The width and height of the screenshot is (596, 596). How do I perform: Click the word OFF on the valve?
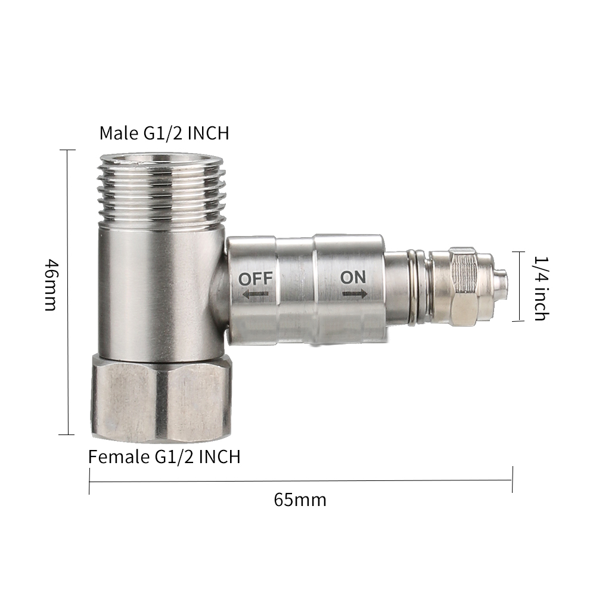(256, 279)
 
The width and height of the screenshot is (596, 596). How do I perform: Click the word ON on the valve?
(353, 278)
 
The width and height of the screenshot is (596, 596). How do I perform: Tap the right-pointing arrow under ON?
(355, 293)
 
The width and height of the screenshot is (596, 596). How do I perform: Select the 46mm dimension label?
(51, 285)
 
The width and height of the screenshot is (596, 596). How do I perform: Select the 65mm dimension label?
(300, 500)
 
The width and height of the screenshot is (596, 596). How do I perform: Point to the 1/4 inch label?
(541, 288)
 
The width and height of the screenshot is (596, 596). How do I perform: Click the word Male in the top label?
(119, 133)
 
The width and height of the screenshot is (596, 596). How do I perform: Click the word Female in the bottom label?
(120, 456)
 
